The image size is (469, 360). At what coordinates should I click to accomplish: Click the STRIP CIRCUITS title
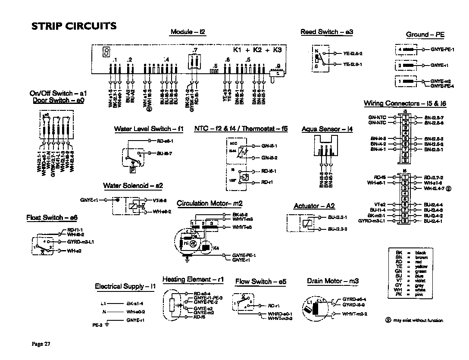pos(74,26)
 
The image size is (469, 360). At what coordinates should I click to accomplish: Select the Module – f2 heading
pos(188,32)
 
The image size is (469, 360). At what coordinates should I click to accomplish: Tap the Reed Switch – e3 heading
pos(327,32)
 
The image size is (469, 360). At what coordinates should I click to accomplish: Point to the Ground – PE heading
pos(425,34)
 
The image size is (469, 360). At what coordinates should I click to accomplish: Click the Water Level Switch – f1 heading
pos(149,129)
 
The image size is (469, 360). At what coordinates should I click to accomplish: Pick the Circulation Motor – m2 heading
pos(210,203)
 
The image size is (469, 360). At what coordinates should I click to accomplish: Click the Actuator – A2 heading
pos(314,206)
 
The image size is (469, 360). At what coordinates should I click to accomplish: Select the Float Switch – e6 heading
pos(52,218)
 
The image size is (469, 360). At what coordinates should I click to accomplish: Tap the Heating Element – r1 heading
pos(193,279)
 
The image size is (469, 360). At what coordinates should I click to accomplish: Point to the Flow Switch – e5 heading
pos(260,282)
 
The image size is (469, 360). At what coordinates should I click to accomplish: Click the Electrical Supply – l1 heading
pos(125,286)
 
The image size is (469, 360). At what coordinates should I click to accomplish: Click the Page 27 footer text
pos(41,344)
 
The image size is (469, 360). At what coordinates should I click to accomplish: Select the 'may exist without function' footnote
pos(417,320)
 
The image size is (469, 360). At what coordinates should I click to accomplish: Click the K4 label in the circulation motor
pos(216,248)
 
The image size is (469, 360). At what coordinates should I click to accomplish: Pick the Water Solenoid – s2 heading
pos(133,186)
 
